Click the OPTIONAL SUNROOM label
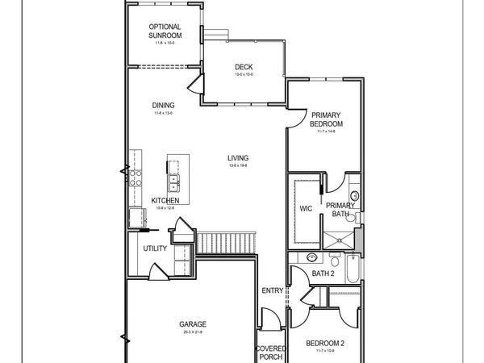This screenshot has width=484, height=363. [164, 31]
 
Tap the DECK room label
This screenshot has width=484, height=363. [244, 67]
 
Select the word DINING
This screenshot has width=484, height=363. [164, 105]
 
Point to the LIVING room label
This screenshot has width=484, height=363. [237, 158]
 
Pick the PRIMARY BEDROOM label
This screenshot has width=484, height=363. [327, 119]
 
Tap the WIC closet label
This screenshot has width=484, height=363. [306, 208]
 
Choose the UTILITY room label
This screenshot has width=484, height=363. [155, 248]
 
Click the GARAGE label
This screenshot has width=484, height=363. [194, 325]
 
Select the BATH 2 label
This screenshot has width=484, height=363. [323, 273]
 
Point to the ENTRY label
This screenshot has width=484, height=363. [271, 291]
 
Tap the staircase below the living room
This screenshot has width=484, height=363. [228, 240]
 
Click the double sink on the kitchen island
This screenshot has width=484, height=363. [174, 173]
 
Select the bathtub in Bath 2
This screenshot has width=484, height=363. [353, 269]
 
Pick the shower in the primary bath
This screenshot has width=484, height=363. [337, 237]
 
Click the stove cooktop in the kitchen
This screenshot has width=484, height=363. [134, 177]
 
